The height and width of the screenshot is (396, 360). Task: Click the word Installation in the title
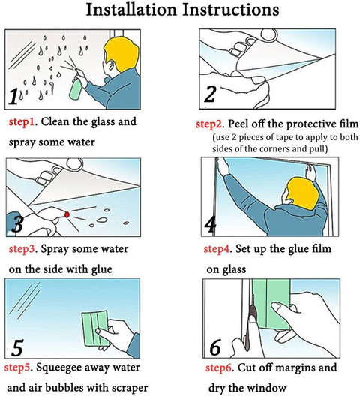(x=131, y=10)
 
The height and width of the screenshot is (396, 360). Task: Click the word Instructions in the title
(x=231, y=10)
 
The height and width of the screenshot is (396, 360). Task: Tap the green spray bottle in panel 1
(x=76, y=88)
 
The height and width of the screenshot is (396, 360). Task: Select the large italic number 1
(x=13, y=96)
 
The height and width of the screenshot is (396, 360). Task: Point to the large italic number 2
(x=210, y=94)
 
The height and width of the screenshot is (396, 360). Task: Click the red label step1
(x=21, y=122)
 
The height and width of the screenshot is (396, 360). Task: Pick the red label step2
(x=208, y=124)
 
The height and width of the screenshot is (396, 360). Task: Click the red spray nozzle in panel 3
(x=67, y=214)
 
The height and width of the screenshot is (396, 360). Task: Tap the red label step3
(x=21, y=249)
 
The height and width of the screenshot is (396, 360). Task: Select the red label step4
(x=216, y=249)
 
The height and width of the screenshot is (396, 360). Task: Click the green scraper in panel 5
(x=95, y=328)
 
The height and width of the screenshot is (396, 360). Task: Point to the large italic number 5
(x=17, y=348)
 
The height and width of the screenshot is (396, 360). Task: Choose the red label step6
(x=218, y=368)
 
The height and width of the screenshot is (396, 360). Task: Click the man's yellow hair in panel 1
(x=122, y=54)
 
